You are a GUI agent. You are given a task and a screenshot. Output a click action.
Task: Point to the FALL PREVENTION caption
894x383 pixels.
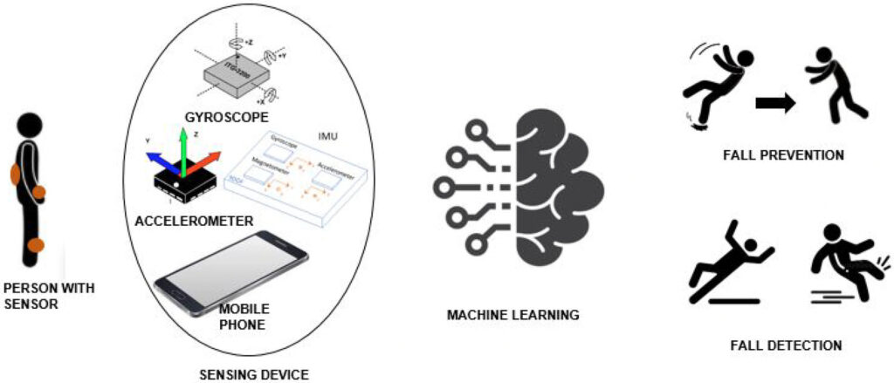[x=783, y=155]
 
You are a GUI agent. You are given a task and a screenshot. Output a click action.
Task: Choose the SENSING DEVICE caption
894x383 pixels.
[x=253, y=375]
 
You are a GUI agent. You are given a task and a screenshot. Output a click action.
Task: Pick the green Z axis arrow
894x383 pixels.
[x=183, y=148]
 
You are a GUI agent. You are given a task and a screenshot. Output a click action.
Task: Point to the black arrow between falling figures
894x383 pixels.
[x=775, y=104]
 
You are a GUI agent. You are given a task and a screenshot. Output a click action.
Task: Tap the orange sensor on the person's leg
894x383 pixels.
[x=35, y=245]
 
